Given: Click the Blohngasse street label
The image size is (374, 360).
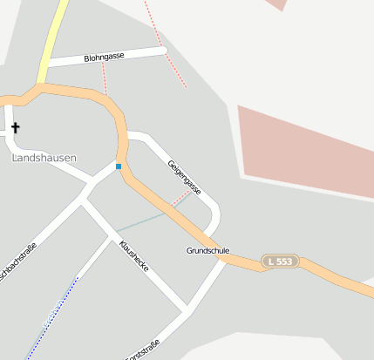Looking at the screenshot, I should (x=104, y=57).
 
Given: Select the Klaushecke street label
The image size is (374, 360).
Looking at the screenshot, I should (x=134, y=255).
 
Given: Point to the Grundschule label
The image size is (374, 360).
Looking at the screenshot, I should (x=207, y=251).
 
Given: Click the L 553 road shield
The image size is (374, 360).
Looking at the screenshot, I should (x=280, y=261).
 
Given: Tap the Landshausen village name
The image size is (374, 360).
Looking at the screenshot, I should (x=44, y=158).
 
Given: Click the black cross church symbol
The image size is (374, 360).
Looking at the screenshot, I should (x=15, y=129).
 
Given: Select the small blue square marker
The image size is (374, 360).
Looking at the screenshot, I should (x=119, y=166).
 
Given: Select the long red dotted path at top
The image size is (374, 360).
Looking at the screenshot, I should (x=166, y=44).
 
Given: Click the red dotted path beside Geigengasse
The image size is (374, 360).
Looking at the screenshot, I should (x=180, y=200).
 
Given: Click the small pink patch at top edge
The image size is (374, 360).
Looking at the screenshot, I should (x=275, y=4).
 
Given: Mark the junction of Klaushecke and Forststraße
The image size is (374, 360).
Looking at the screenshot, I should (x=186, y=309).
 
